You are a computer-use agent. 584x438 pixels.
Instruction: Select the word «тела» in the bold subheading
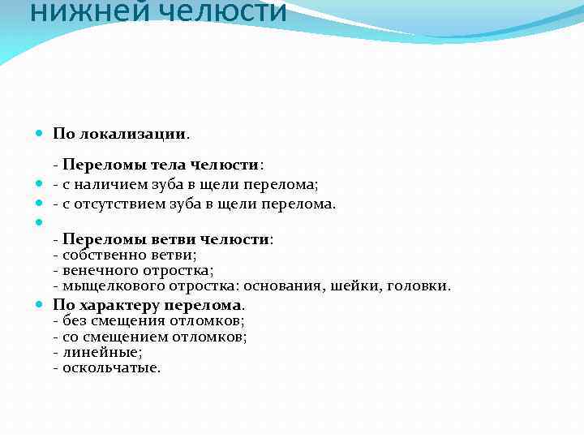(x=173, y=165)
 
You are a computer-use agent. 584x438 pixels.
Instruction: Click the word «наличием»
(x=108, y=185)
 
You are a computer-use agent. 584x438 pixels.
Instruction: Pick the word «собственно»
(x=96, y=255)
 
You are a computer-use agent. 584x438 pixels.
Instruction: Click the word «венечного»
(x=95, y=271)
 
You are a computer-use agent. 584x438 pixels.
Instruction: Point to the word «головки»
(x=418, y=286)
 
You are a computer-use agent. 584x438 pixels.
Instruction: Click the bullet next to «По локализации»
(x=41, y=132)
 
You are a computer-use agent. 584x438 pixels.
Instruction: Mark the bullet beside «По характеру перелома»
(x=41, y=306)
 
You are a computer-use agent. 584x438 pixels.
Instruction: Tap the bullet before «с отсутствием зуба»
(x=41, y=204)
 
